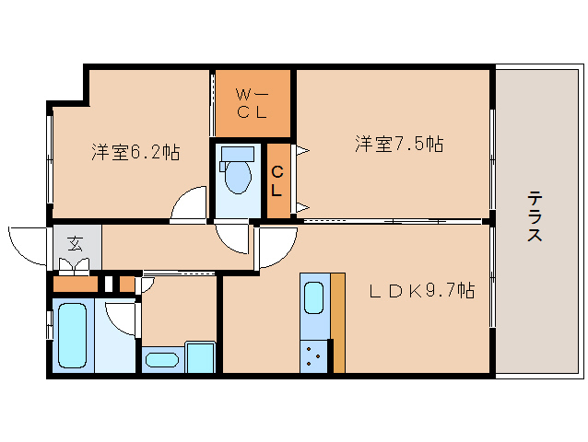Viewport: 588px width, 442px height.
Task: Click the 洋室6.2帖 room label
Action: (135, 152)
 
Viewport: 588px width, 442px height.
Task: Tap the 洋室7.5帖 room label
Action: (399, 144)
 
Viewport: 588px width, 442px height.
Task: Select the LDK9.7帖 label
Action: (422, 290)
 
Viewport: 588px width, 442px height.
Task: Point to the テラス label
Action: (535, 216)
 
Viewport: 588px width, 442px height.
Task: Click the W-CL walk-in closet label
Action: (252, 103)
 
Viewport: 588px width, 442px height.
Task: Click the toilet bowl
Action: (238, 177)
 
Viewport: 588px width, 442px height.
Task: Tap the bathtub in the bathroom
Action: (73, 335)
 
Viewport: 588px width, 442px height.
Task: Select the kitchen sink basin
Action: (314, 297)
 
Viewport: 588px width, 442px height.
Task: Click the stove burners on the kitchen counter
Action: (313, 356)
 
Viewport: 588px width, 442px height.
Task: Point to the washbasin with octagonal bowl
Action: (162, 360)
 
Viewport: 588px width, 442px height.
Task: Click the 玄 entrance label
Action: (76, 244)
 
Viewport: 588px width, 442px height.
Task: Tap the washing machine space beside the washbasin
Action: (201, 357)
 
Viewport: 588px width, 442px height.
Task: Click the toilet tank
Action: (238, 155)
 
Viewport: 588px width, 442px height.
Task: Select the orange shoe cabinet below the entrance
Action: (76, 284)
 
